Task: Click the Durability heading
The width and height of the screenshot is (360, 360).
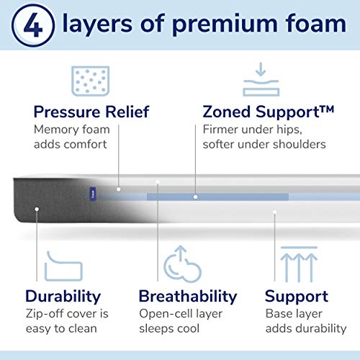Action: [x=63, y=296]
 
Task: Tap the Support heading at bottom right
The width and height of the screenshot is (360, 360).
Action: [x=296, y=296]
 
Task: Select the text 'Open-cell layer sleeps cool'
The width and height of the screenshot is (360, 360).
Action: [x=181, y=321]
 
